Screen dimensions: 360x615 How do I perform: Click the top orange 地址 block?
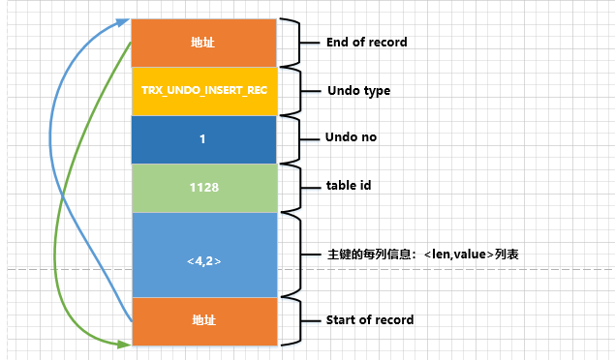(203, 43)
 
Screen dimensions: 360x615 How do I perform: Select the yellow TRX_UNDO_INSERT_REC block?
(203, 91)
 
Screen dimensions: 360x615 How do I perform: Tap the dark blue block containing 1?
(203, 139)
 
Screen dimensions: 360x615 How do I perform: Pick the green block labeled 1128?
(203, 187)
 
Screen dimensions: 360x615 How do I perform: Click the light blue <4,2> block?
(203, 254)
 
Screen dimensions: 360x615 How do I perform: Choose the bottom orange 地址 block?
(203, 320)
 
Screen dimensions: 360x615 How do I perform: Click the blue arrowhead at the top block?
(125, 19)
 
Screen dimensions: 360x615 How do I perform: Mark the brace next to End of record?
(290, 42)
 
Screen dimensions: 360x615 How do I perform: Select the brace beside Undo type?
(290, 90)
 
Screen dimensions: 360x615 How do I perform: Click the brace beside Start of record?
(290, 319)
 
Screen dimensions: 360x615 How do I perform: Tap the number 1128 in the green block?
(203, 187)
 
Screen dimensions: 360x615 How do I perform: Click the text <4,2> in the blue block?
(203, 259)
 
